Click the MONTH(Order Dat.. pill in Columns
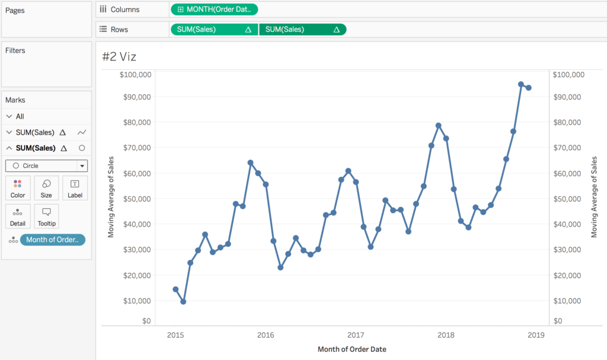(214, 9)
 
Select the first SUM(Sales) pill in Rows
(214, 29)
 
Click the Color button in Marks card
(18, 188)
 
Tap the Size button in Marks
(46, 188)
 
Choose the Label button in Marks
(75, 188)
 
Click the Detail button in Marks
(18, 216)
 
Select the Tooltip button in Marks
(46, 216)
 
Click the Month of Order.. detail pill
(52, 240)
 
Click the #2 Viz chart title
(119, 56)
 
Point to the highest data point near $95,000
(521, 84)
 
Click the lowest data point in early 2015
(183, 302)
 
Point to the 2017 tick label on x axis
(356, 335)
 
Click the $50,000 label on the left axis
(135, 199)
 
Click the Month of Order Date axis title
(352, 349)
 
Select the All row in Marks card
(20, 116)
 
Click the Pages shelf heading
(14, 11)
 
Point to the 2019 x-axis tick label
(536, 335)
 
